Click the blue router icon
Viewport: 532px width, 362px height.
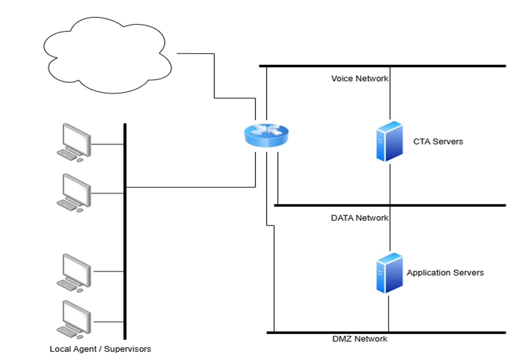coord(266,135)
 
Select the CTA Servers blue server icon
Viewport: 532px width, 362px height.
coord(389,141)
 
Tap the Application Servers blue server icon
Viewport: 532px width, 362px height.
coord(389,273)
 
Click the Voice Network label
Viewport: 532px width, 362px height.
coord(359,78)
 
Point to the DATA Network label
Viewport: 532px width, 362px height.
coord(359,218)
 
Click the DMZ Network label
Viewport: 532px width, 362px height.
coord(359,339)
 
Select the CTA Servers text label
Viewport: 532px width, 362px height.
coord(438,141)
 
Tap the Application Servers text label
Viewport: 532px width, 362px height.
coord(445,272)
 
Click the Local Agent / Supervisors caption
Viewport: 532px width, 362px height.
coord(100,349)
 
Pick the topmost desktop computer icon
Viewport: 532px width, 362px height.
coord(74,143)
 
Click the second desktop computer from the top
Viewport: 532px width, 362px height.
coord(74,193)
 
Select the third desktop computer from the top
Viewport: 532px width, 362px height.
coord(74,273)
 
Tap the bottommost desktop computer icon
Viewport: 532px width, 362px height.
coord(74,320)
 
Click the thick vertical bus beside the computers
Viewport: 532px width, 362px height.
coord(125,231)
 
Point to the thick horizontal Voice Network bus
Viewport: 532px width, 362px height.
coord(382,66)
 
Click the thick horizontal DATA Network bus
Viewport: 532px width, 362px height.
coord(390,205)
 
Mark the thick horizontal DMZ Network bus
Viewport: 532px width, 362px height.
coord(386,332)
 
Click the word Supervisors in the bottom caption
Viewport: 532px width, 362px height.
coord(127,349)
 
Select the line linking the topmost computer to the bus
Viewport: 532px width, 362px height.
coord(107,144)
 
